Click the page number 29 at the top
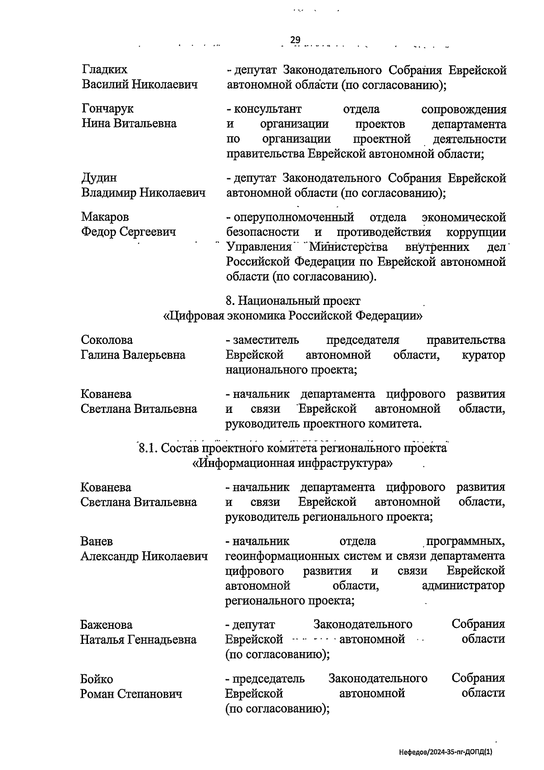pos(295,40)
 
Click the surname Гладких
pos(105,69)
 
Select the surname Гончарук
pos(108,109)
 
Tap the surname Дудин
pos(99,178)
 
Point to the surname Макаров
pos(105,217)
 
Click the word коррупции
pos(476,232)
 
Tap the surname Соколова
pos(107,340)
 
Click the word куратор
pos(483,355)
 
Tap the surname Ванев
pos(97,541)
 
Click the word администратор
pos(463,586)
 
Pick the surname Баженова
pos(107,625)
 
